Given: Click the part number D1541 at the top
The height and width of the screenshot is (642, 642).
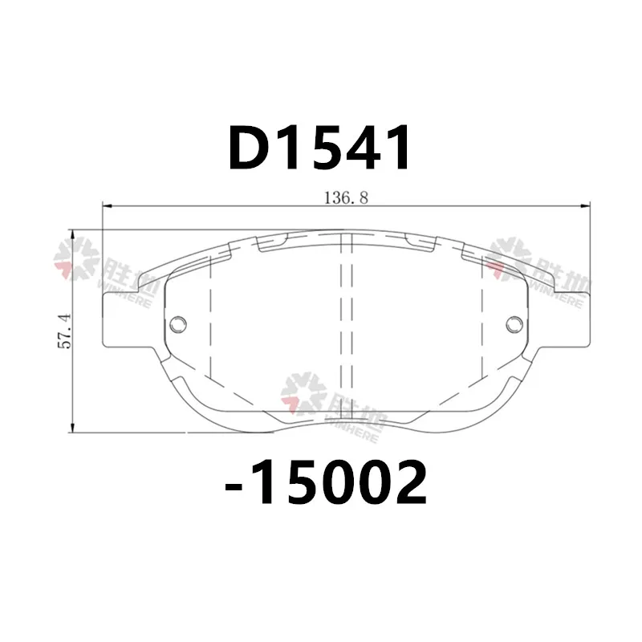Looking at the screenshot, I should (321, 149).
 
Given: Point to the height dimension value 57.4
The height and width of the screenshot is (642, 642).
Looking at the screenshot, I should (65, 331).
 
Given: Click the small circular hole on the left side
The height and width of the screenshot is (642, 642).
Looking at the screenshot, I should (179, 323).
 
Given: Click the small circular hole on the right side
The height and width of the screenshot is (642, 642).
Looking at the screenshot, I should (514, 323).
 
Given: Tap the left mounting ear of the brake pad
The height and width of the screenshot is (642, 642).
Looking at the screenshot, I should (120, 317).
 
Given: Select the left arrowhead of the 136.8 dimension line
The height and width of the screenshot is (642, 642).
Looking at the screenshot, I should (108, 207).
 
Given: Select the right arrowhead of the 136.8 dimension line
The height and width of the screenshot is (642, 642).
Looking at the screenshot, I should (586, 207).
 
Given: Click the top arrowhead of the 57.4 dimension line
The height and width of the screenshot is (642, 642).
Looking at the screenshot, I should (73, 234).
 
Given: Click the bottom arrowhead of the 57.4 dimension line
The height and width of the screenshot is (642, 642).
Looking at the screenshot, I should (73, 429).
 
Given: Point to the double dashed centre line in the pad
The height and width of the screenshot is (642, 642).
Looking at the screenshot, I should (347, 321).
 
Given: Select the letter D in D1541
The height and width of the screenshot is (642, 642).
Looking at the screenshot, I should (250, 149).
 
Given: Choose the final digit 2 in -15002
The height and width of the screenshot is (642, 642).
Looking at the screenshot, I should (404, 483).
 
